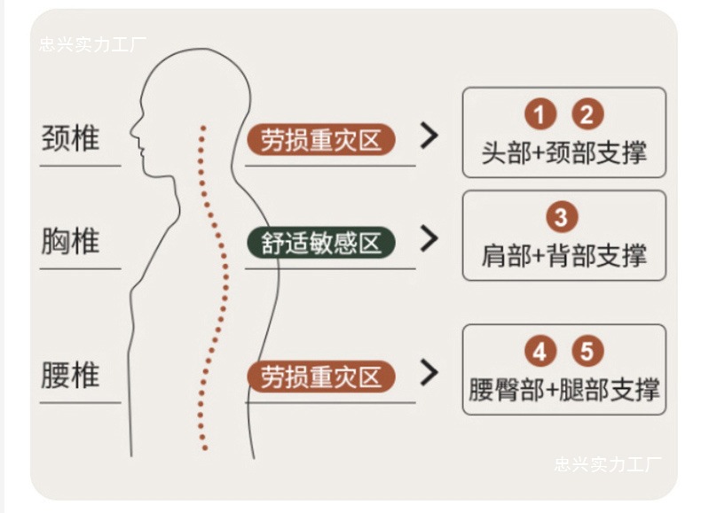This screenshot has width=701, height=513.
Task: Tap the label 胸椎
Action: (x=71, y=241)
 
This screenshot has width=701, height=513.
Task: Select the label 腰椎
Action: (x=71, y=375)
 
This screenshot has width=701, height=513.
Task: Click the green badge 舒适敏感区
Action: (x=320, y=243)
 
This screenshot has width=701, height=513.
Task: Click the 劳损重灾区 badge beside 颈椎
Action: (x=320, y=139)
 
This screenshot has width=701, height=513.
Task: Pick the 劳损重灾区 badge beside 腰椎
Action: (x=320, y=377)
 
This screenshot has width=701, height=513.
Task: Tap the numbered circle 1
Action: (x=540, y=114)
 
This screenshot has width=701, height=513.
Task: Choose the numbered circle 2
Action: (x=587, y=114)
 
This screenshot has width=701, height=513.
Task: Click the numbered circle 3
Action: (x=562, y=218)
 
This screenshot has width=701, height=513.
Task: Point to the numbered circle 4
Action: (x=540, y=352)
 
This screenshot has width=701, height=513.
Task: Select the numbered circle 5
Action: (x=587, y=352)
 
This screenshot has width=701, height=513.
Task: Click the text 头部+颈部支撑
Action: (x=563, y=152)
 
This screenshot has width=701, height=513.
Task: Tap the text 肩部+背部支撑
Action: (x=563, y=256)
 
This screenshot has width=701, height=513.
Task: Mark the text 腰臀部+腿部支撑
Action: (x=563, y=390)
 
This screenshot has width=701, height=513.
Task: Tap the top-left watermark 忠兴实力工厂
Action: (x=92, y=44)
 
